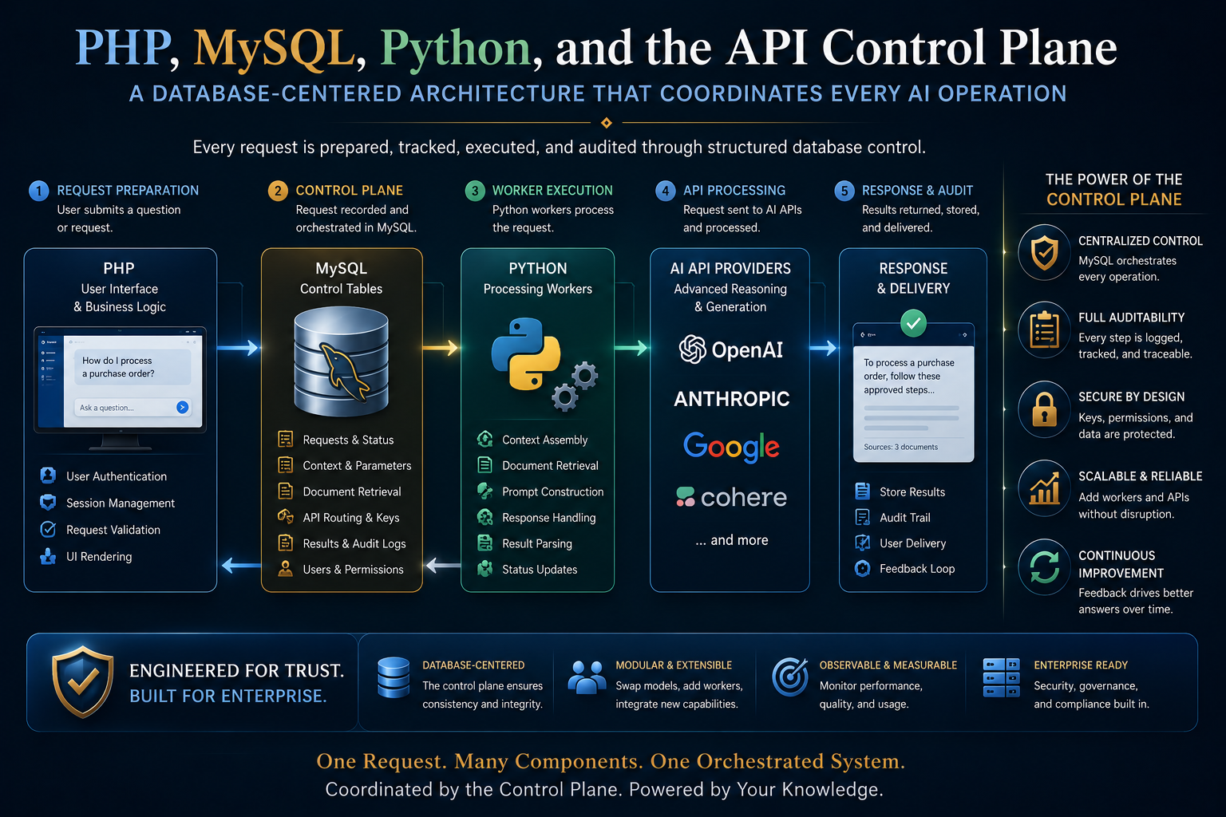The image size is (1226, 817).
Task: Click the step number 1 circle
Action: [38, 191]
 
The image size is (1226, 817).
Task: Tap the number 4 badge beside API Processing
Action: [665, 191]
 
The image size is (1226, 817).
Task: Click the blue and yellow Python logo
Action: [526, 354]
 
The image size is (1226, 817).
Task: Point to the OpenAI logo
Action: [731, 349]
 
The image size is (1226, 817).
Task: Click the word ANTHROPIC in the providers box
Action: [732, 399]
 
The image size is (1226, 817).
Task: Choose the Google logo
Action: [731, 448]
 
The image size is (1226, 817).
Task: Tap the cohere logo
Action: [731, 497]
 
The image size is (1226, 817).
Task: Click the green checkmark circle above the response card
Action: [913, 323]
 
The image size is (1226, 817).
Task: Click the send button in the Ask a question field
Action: [182, 407]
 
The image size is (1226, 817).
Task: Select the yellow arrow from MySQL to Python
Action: [440, 348]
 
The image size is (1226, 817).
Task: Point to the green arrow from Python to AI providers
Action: [631, 348]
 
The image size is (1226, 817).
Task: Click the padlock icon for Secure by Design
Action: [1044, 409]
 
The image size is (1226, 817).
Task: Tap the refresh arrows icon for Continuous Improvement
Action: [1044, 567]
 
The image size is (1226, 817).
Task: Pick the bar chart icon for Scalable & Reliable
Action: [1044, 488]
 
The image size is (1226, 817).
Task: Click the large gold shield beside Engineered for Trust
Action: [83, 681]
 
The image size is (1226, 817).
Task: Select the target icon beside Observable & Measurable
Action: [789, 677]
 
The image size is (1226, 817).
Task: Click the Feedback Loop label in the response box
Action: [917, 569]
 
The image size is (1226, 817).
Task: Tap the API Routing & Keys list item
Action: [351, 518]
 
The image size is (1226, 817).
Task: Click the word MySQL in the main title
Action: [274, 49]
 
